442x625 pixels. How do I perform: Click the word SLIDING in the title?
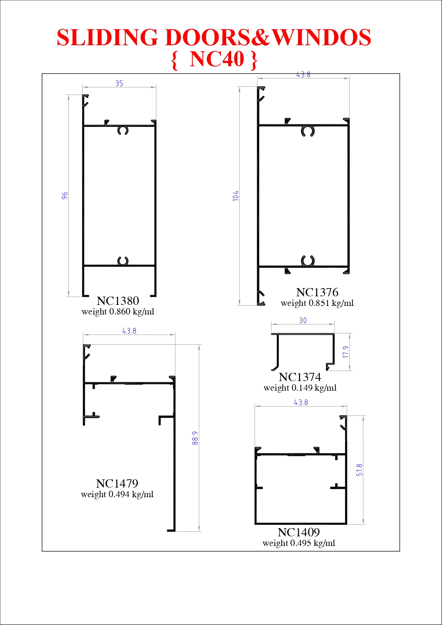coord(107,37)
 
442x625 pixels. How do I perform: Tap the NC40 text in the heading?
coord(217,59)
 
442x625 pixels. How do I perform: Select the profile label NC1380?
coord(118,301)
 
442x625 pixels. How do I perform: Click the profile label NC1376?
coord(317,292)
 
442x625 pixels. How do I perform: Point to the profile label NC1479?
coord(117,484)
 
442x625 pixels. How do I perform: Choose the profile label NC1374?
coord(300,377)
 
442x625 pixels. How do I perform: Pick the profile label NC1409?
coord(299,532)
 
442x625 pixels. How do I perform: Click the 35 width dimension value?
coord(119,83)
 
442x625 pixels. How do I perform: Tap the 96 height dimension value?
coord(65,196)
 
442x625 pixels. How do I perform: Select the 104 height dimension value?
coord(235,196)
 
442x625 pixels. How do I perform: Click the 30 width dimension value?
coord(303,321)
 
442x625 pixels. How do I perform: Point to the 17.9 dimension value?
coord(346,352)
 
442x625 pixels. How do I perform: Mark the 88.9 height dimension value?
coord(195,438)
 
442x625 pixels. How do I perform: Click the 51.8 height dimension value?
coord(359,470)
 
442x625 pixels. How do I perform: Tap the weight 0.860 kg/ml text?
coord(118,312)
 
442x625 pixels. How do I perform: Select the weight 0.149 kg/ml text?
coord(300,388)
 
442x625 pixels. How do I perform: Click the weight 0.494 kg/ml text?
coord(117,495)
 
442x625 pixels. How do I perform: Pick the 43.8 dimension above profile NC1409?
coord(301,402)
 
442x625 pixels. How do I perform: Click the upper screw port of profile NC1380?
coord(123,131)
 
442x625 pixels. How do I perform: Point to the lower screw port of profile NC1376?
coord(308,261)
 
